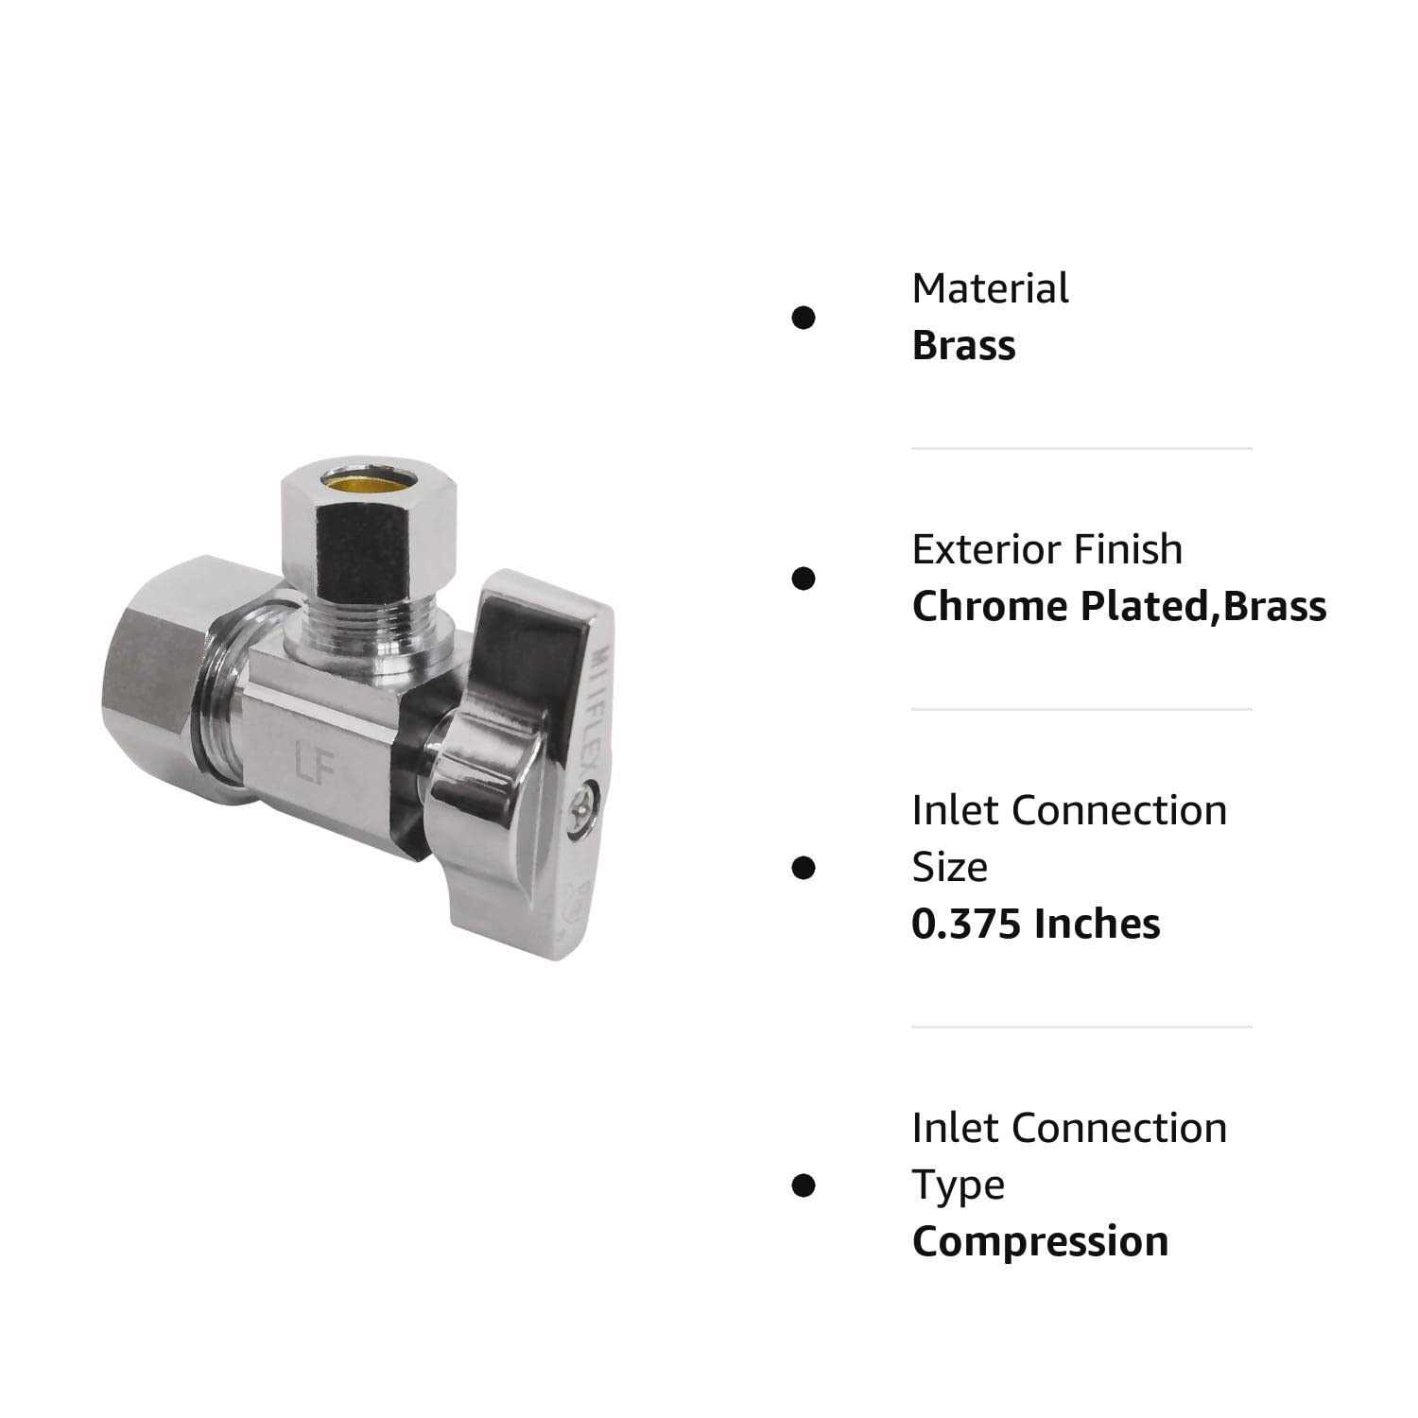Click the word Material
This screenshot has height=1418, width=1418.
pos(990,288)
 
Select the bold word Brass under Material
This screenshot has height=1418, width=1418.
pos(963,346)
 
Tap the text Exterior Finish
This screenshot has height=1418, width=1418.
pos(1046,549)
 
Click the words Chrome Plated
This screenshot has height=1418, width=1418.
pos(1060,607)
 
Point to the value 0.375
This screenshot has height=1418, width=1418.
pos(967,924)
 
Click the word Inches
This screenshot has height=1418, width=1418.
pos(1097,924)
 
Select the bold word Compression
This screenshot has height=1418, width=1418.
pos(1040,1241)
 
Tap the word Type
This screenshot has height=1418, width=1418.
pos(958,1185)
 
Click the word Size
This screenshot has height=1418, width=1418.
pos(949,867)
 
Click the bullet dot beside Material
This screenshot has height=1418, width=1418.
pos(804,318)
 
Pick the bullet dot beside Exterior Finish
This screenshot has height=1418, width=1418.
pos(804,579)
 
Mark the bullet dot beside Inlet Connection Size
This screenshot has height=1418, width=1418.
pos(804,867)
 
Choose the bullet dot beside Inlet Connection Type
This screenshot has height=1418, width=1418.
pos(804,1185)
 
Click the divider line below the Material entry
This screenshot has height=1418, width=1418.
pos(1081,448)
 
